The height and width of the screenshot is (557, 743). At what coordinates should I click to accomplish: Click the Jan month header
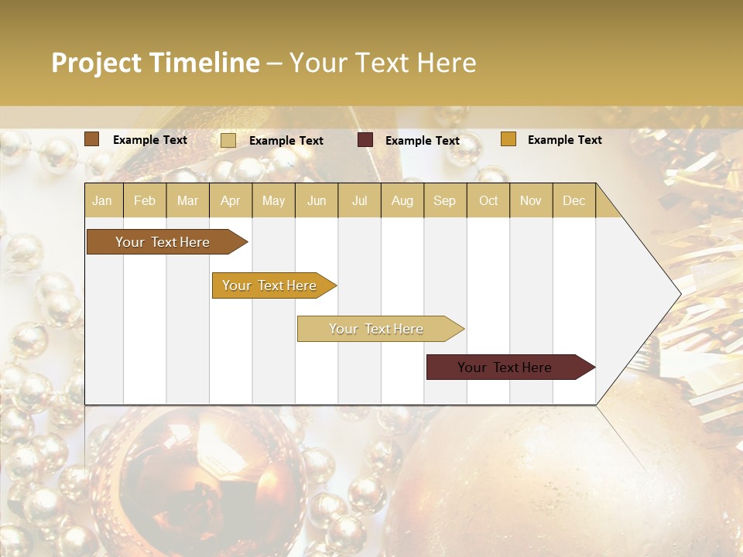[102, 201]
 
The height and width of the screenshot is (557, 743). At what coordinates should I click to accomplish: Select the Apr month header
[231, 201]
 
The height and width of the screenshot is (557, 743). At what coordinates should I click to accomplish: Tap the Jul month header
[359, 201]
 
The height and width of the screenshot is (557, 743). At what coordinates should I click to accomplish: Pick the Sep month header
[444, 201]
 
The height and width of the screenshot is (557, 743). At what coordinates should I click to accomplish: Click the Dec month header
[574, 201]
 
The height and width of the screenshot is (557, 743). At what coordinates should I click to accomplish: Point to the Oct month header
[488, 201]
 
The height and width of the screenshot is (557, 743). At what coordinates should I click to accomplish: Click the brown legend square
[92, 139]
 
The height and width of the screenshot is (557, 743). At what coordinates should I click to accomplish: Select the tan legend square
[228, 140]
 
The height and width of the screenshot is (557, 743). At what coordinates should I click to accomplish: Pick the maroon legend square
[365, 140]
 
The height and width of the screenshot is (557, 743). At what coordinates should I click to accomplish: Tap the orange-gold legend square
[508, 139]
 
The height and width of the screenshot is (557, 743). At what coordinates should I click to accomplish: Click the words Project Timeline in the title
[155, 63]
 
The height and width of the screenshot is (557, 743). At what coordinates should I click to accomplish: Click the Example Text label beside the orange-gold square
[564, 140]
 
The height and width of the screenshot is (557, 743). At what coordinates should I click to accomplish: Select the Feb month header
[145, 201]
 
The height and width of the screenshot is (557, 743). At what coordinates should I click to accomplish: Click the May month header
[273, 201]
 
